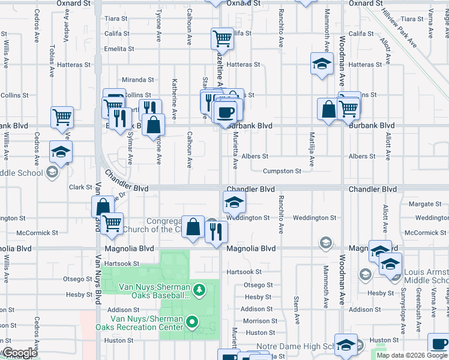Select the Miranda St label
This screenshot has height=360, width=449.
[x=138, y=80]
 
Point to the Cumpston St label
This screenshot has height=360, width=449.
[x=282, y=171]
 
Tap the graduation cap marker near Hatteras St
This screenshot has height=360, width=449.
[x=322, y=63]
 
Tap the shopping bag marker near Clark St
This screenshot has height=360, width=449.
[x=103, y=206]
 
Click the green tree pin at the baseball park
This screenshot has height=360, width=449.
[x=200, y=290]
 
